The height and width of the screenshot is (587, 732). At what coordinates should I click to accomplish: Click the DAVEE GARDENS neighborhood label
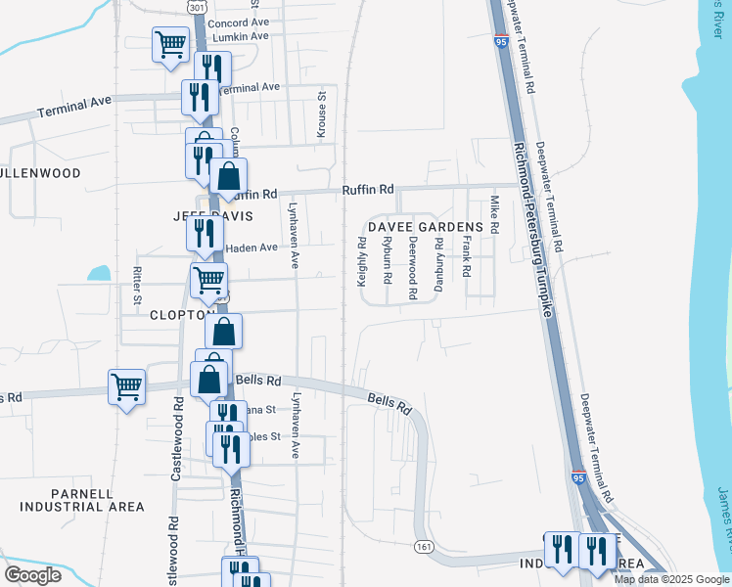(x=427, y=226)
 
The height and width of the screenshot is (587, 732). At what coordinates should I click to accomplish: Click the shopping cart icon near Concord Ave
(x=170, y=45)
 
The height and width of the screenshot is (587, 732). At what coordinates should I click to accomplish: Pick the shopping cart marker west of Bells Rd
(x=127, y=387)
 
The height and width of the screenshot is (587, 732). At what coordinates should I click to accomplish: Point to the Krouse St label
(x=321, y=115)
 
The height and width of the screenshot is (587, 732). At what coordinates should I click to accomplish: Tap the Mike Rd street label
(x=494, y=215)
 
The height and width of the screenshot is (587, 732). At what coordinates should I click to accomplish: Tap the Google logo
(x=32, y=574)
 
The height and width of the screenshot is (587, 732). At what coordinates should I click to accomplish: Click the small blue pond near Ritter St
(x=99, y=273)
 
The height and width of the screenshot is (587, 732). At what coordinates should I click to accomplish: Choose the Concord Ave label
(x=239, y=22)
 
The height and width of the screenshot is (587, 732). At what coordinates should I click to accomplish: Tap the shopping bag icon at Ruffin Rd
(x=228, y=178)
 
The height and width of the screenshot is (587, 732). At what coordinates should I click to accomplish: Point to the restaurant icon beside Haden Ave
(x=205, y=233)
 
